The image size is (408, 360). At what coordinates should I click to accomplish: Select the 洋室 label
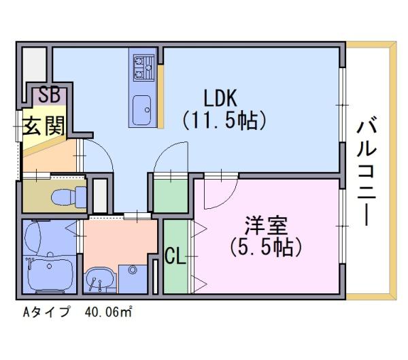[x=266, y=223]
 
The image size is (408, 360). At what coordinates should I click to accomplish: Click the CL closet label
[x=174, y=257]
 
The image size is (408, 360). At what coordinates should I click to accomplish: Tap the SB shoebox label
[x=48, y=95]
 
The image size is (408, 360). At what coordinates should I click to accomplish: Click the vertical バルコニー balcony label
[x=369, y=171]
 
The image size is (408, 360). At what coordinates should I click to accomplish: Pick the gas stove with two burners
[x=143, y=67]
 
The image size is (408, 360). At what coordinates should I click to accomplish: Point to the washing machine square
[x=133, y=277]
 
